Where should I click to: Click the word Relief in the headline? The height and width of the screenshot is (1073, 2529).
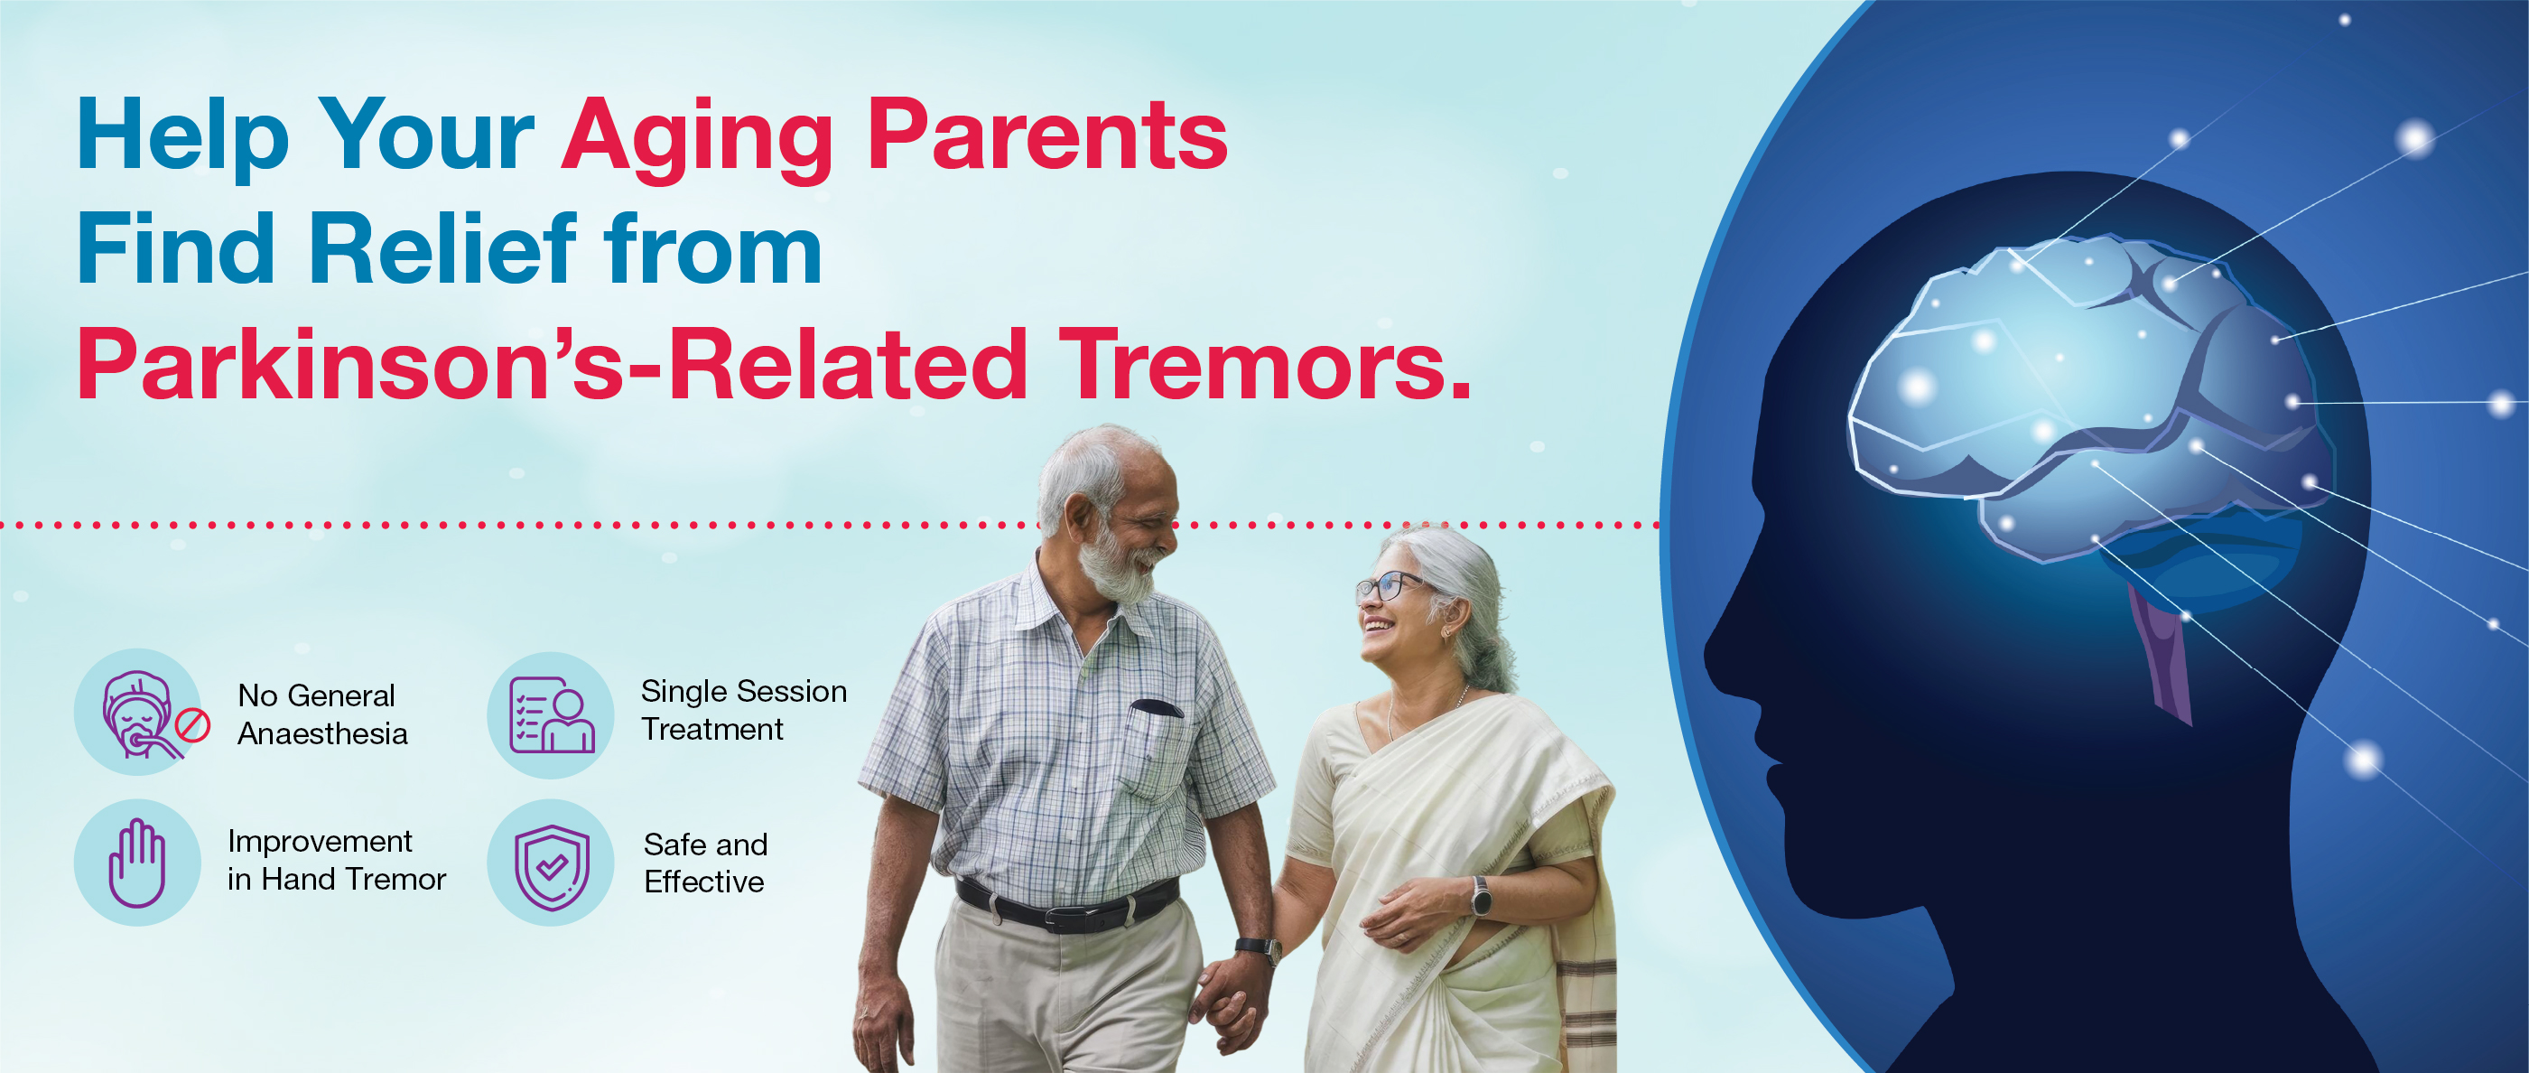click(443, 249)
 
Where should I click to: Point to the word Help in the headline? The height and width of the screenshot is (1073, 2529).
click(182, 137)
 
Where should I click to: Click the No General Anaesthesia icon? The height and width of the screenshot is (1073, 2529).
click(139, 712)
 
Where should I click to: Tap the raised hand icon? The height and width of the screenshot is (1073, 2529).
click(137, 862)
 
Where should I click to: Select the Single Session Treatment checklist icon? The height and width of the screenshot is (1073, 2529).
click(551, 714)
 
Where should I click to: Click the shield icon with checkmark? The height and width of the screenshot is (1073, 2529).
click(551, 862)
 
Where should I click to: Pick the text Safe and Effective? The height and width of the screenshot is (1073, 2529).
click(706, 863)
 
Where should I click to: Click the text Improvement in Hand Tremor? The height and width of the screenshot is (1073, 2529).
click(337, 860)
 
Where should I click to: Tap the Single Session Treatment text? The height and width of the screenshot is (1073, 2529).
click(743, 710)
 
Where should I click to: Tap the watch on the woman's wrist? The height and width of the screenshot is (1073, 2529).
click(1481, 896)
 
